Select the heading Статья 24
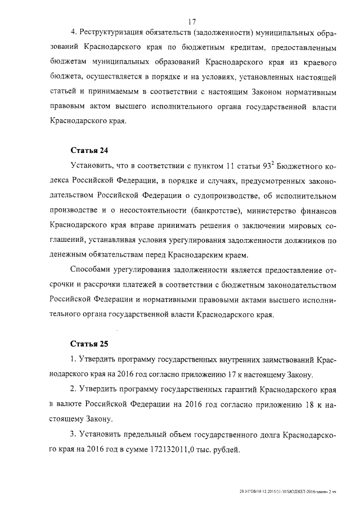coord(88,151)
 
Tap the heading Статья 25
coord(88,343)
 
